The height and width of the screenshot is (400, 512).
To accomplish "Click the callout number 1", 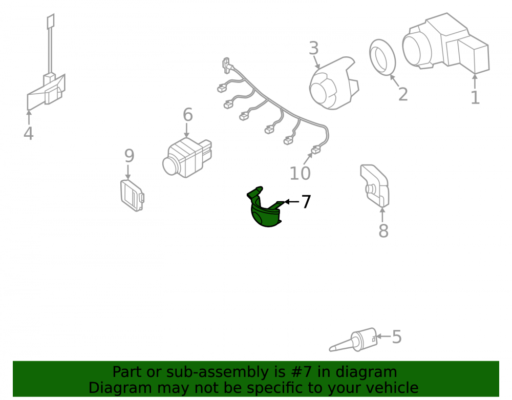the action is pyautogui.click(x=475, y=97).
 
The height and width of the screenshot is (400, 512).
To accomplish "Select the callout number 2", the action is pyautogui.click(x=403, y=94).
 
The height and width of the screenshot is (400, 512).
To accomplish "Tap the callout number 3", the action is pyautogui.click(x=313, y=48).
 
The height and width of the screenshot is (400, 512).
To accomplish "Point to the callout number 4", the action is pyautogui.click(x=28, y=133).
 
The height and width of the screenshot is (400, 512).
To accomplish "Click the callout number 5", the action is pyautogui.click(x=396, y=336).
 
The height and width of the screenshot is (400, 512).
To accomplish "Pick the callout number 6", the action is pyautogui.click(x=187, y=115).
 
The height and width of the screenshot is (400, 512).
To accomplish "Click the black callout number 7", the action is pyautogui.click(x=306, y=201).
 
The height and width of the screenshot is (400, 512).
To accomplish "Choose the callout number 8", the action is pyautogui.click(x=383, y=231).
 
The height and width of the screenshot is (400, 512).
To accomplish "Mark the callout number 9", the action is pyautogui.click(x=130, y=156).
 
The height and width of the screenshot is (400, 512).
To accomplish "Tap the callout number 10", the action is pyautogui.click(x=300, y=174).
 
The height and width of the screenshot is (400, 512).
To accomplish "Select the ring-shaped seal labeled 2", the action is pyautogui.click(x=382, y=57).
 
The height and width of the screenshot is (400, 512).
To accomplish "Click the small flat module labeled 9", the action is pyautogui.click(x=132, y=195).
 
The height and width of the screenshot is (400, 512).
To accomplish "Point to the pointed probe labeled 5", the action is pyautogui.click(x=354, y=340).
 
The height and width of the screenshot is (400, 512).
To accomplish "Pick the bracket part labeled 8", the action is pyautogui.click(x=375, y=185).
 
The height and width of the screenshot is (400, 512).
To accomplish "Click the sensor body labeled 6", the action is pyautogui.click(x=187, y=157).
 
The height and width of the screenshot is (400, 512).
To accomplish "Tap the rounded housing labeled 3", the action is pyautogui.click(x=333, y=83).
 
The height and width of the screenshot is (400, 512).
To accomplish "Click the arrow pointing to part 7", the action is pyautogui.click(x=291, y=201).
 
